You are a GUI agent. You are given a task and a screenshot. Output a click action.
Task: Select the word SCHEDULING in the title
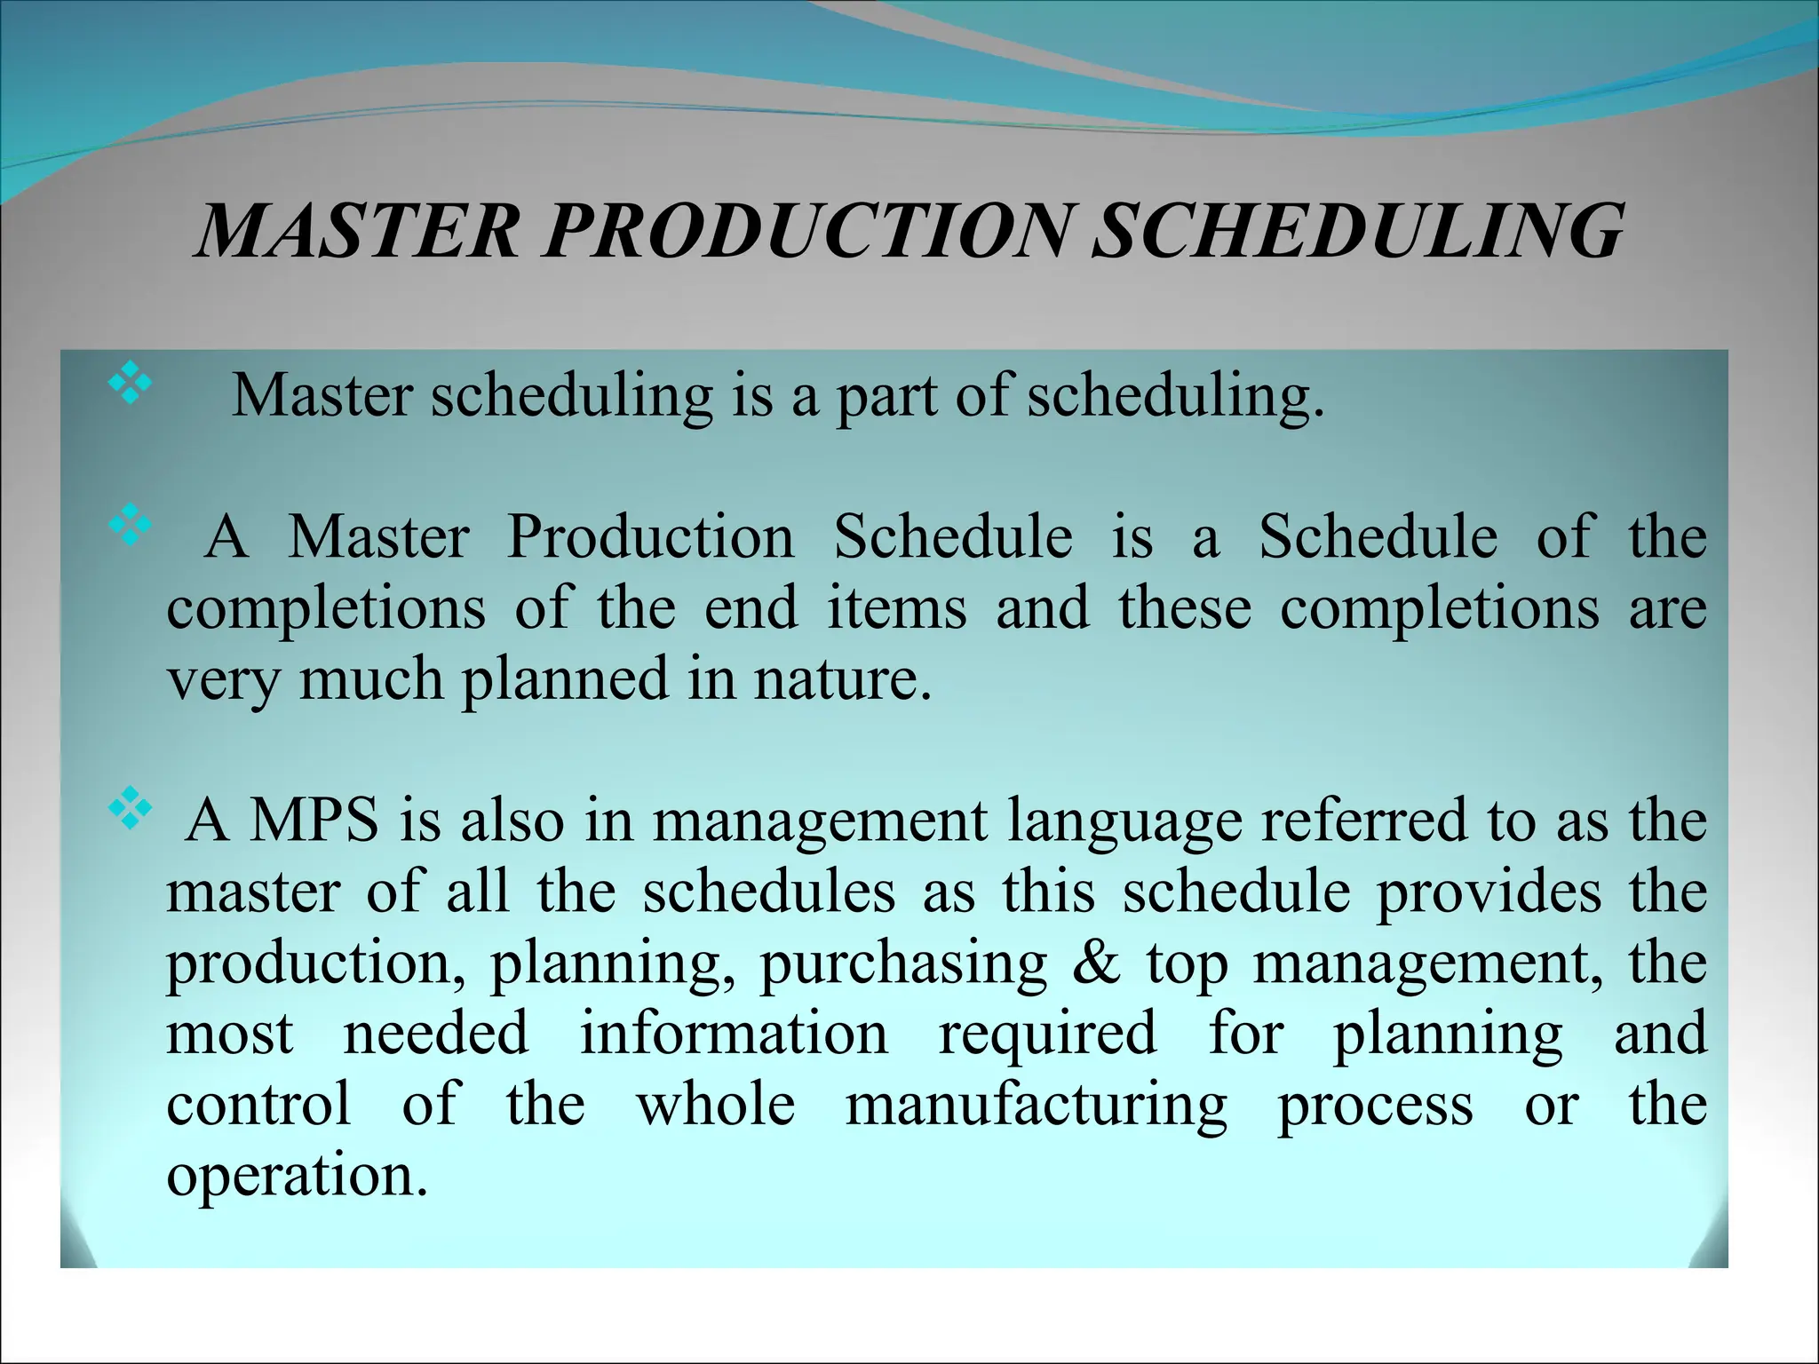1357,231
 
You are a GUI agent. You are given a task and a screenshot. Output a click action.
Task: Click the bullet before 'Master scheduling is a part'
129,384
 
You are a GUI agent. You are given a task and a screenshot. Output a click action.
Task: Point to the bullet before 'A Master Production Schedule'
129,524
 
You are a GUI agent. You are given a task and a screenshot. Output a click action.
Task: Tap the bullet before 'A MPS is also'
129,807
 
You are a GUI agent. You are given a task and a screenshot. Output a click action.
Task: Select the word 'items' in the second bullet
896,608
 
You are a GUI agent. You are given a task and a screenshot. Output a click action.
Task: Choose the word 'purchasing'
903,964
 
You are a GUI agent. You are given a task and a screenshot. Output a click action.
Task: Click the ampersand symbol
1097,963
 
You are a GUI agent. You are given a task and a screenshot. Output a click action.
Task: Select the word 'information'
734,1033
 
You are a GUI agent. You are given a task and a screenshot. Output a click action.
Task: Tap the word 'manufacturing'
1036,1106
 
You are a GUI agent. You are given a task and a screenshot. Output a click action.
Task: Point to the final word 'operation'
290,1177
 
